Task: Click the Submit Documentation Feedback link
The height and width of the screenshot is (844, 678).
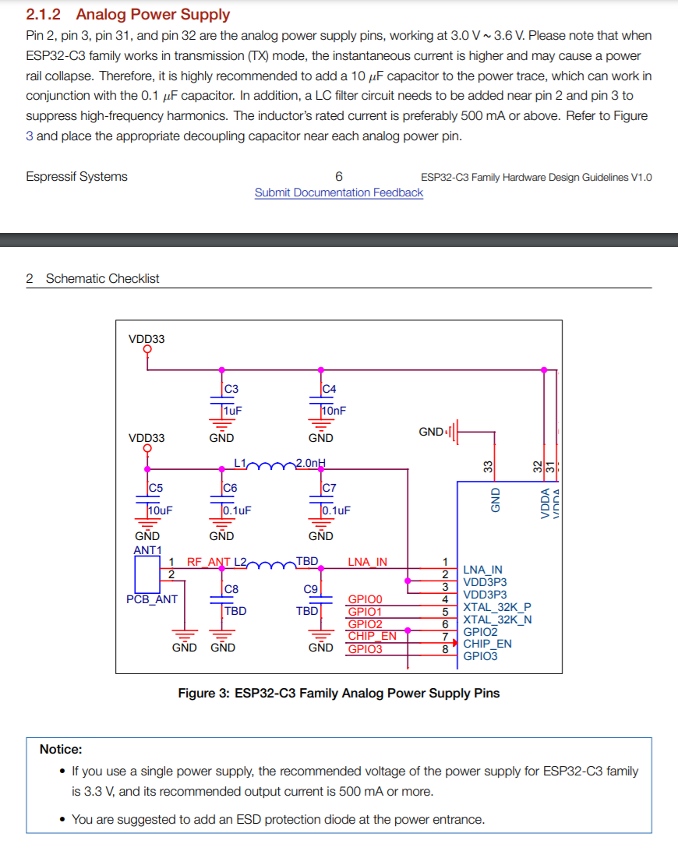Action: tap(339, 192)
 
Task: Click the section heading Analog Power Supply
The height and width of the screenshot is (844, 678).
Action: tap(153, 15)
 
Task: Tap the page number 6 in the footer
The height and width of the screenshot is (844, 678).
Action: tap(339, 177)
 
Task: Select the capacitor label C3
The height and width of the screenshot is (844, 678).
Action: tap(231, 389)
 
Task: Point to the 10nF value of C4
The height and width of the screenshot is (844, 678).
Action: tap(334, 411)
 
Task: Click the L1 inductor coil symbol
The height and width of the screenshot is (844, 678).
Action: tap(271, 465)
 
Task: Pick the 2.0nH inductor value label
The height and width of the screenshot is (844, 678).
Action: tap(311, 462)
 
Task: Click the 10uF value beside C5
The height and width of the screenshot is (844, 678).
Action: tap(161, 510)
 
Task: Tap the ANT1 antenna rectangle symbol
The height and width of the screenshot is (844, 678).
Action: tap(147, 574)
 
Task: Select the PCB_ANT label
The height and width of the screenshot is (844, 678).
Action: tap(152, 599)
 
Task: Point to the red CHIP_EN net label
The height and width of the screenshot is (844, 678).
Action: tap(373, 636)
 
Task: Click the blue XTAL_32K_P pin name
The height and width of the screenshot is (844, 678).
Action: tap(497, 607)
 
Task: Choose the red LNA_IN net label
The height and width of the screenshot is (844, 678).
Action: tap(368, 562)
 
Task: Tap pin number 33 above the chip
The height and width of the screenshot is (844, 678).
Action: tap(488, 467)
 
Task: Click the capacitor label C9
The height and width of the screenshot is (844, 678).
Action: tap(310, 589)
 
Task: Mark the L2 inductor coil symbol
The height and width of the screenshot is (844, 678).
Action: tap(271, 565)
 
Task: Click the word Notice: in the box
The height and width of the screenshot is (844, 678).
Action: tap(61, 749)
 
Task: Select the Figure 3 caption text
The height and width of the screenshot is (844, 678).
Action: tap(339, 694)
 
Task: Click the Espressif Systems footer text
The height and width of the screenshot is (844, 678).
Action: tap(76, 177)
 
